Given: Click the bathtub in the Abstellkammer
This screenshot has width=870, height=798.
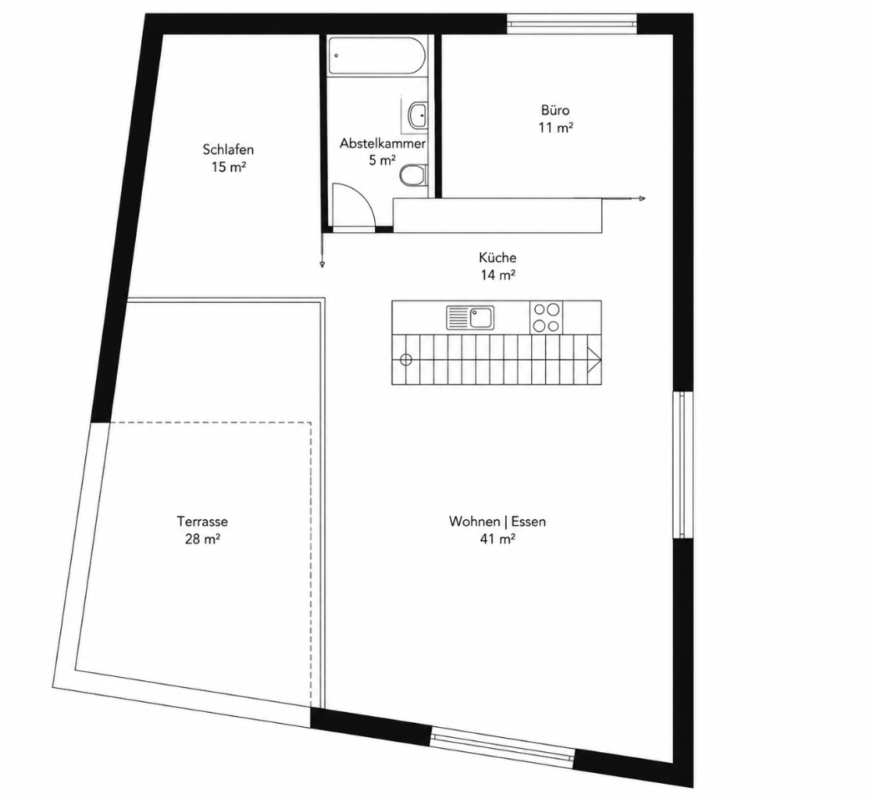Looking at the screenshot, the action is pyautogui.click(x=377, y=55).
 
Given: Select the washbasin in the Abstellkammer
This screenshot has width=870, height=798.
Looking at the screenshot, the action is pyautogui.click(x=417, y=116).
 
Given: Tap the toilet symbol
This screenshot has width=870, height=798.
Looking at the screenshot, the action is pyautogui.click(x=413, y=174).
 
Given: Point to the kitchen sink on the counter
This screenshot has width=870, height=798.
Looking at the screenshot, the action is pyautogui.click(x=471, y=318).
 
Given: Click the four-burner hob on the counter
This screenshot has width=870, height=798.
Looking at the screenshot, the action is pyautogui.click(x=546, y=317).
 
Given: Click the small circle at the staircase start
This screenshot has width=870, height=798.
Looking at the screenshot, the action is pyautogui.click(x=406, y=360).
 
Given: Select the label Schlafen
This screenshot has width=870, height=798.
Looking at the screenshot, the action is pyautogui.click(x=228, y=149).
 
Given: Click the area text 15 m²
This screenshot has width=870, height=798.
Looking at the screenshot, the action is pyautogui.click(x=229, y=166).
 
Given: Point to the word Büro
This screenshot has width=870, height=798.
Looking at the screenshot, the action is pyautogui.click(x=555, y=110).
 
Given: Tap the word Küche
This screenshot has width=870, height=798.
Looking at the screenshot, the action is pyautogui.click(x=498, y=257).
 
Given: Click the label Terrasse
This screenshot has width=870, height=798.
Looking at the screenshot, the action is pyautogui.click(x=203, y=521).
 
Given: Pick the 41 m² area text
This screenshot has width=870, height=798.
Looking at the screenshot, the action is pyautogui.click(x=498, y=538).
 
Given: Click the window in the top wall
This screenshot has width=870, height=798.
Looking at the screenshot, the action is pyautogui.click(x=571, y=23).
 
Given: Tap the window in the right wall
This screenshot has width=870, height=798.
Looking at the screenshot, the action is pyautogui.click(x=682, y=465).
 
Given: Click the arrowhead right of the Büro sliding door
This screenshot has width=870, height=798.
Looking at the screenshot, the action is pyautogui.click(x=642, y=199).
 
